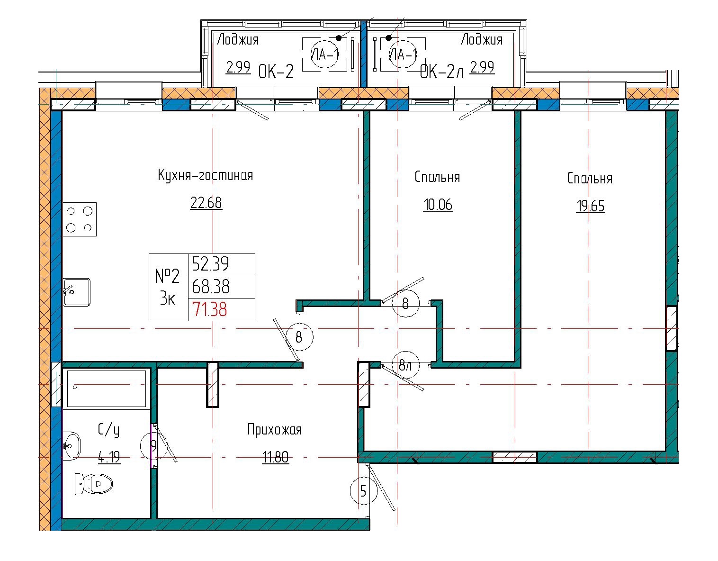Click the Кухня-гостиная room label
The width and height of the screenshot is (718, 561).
[x=205, y=176]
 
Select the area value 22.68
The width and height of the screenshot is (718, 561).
[x=206, y=203]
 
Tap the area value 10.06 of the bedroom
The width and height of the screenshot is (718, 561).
[x=438, y=205]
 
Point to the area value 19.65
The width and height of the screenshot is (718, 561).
[x=590, y=207]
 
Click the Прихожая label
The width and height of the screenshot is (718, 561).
[x=274, y=430]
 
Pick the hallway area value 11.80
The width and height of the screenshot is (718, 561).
[x=275, y=458]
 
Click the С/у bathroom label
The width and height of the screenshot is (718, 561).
[x=108, y=430]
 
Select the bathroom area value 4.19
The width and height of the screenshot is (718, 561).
[x=109, y=458]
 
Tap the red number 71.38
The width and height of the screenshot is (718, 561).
[x=209, y=310]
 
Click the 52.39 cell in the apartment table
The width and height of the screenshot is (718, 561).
[x=210, y=263]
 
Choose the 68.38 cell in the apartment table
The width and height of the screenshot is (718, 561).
[x=211, y=287]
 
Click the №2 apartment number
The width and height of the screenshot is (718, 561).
[x=168, y=275]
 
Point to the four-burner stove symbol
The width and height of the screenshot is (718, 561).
[x=80, y=219]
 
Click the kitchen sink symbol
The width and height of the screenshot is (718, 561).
[x=77, y=292]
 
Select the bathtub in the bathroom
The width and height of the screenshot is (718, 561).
[x=107, y=389]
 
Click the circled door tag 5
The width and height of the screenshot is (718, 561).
[x=363, y=491]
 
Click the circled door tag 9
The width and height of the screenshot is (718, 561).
[x=153, y=446]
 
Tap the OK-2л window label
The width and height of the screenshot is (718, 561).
[x=440, y=72]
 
